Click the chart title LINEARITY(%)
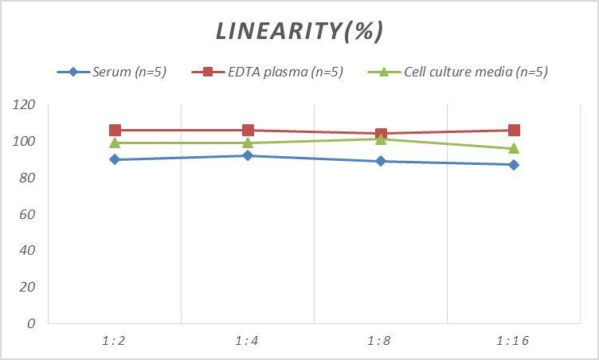299,31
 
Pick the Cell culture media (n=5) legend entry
475,72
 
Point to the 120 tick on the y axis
25,105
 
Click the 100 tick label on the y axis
25,142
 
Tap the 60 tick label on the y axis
28,214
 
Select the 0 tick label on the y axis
31,323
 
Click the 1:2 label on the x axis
114,341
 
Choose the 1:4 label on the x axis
248,341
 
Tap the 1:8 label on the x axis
381,341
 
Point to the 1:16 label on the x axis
514,341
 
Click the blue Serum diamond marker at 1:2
115,159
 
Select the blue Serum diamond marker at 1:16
514,165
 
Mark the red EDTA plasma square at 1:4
248,130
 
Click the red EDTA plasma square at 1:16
514,130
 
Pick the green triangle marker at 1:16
514,148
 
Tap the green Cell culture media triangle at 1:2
115,143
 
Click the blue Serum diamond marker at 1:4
248,155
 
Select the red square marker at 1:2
115,130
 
